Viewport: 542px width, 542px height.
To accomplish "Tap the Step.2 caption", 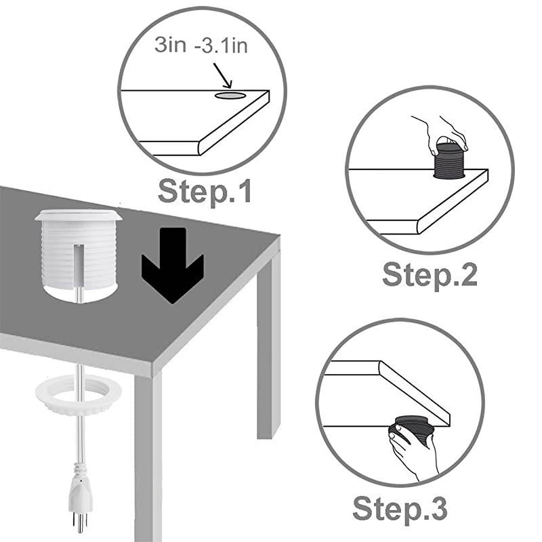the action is [430, 275].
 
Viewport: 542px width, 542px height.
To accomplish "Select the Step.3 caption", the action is [400, 509].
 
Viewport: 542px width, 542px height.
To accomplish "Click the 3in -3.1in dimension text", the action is [201, 45].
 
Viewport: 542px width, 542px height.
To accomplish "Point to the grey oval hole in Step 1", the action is [230, 96].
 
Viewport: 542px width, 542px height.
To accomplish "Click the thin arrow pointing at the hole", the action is [222, 75].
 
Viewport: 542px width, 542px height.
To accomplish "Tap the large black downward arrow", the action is [173, 266].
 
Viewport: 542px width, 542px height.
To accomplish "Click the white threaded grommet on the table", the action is [79, 256].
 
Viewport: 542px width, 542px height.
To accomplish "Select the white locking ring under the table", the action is [79, 394].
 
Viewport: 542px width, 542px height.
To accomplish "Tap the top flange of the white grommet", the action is [79, 215].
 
